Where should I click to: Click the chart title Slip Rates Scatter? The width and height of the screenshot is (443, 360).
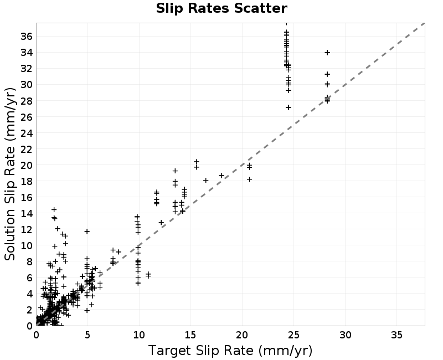[x=221, y=8]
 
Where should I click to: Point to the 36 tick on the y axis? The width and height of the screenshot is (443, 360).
[x=27, y=36]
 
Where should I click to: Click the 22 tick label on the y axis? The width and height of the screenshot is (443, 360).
[x=27, y=149]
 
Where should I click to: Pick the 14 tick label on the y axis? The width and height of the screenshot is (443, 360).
[x=27, y=213]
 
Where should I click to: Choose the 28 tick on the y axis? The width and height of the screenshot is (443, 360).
[x=27, y=101]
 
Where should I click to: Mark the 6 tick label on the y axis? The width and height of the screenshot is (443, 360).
[x=30, y=278]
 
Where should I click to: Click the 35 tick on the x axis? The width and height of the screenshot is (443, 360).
[x=396, y=335]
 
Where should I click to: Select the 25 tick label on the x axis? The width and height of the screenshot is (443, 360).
[x=294, y=335]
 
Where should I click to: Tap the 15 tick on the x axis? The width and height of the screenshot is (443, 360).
[x=190, y=335]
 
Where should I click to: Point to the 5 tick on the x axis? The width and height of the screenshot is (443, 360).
[x=87, y=335]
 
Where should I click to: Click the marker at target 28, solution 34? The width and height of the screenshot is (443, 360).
[x=327, y=53]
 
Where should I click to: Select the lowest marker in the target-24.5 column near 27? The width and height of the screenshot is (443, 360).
[x=288, y=107]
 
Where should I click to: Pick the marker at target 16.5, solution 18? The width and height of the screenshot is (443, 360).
[x=205, y=181]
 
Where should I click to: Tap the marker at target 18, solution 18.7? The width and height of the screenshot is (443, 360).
[x=221, y=176]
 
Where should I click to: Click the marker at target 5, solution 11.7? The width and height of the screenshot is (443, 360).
[x=87, y=232]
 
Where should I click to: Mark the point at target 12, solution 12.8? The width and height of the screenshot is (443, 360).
[x=161, y=223]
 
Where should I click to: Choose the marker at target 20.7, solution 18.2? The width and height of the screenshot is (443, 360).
[x=249, y=179]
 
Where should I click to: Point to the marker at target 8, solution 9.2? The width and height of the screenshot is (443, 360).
[x=119, y=252]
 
